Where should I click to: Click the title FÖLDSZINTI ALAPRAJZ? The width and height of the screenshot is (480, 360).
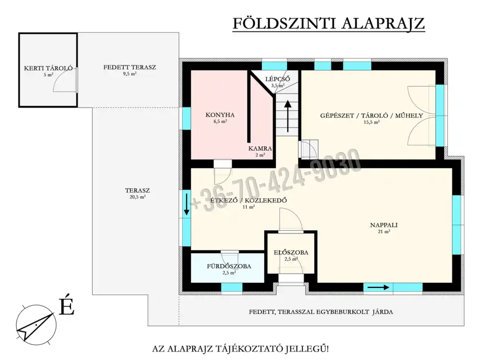pos(328,24)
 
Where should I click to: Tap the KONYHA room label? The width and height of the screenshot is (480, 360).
pos(220,115)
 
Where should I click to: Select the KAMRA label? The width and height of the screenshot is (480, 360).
pos(260,148)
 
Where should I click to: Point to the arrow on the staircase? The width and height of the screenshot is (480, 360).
pos(288,116)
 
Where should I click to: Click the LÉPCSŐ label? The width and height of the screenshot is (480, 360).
pos(277,79)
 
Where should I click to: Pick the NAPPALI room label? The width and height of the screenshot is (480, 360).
pos(384,225)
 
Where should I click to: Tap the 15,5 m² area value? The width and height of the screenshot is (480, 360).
pos(372,122)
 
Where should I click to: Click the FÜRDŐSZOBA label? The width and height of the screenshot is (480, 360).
pos(229,266)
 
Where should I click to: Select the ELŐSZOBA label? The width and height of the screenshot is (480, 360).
pos(291,252)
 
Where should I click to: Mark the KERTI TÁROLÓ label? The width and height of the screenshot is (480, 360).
pos(48,68)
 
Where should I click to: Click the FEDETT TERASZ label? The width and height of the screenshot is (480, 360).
pos(130,67)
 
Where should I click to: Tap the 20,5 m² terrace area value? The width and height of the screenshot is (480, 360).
pos(137,197)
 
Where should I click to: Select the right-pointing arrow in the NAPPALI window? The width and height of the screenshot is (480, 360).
pos(378,288)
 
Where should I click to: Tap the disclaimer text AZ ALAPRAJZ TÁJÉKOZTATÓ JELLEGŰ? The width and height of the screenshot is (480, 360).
pos(240,348)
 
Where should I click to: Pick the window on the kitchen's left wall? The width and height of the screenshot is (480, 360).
pos(186,118)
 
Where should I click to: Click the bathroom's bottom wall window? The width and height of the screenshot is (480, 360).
pos(232,288)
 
